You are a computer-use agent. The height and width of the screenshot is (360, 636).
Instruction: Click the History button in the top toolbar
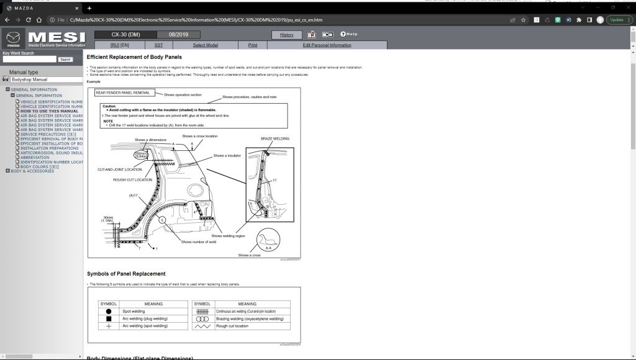(x=286, y=35)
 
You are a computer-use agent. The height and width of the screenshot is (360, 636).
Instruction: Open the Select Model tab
(x=205, y=45)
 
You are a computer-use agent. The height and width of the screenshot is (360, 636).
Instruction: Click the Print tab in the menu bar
(x=253, y=45)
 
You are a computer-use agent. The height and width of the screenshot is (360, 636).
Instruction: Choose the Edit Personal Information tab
(x=327, y=45)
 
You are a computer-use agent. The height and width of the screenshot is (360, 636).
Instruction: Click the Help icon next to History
(x=348, y=35)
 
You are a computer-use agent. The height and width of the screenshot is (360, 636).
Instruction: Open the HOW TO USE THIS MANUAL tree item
(x=49, y=111)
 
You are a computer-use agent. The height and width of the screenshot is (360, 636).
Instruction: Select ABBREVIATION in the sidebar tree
(x=35, y=158)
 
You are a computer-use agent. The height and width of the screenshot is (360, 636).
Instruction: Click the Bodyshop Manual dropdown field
(x=45, y=79)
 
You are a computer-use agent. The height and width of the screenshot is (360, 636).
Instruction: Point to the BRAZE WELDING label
(x=275, y=139)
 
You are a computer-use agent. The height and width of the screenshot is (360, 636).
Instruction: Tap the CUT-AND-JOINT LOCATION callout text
(x=119, y=169)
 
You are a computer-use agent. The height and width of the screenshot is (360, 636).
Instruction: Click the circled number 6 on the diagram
(x=161, y=220)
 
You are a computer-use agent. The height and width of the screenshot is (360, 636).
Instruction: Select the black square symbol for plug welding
(x=109, y=318)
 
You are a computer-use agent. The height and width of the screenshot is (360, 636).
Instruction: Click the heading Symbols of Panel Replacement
(x=126, y=274)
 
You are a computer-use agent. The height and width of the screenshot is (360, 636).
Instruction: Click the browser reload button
(x=29, y=20)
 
